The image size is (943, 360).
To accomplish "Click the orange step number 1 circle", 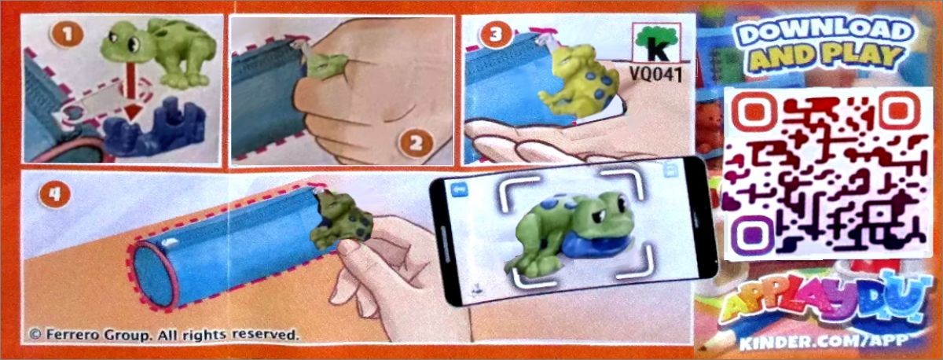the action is (67, 34).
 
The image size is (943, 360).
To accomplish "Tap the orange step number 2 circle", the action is (416, 143).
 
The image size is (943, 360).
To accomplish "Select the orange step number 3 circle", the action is (496, 34).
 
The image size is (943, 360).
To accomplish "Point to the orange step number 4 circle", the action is (54, 194).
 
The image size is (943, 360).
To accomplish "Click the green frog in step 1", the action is (158, 52).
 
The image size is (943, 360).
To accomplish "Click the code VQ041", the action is (656, 74).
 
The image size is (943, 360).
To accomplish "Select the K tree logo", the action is (657, 43).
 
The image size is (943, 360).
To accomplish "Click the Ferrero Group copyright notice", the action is (164, 335).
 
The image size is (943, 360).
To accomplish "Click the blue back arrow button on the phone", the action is (459, 190).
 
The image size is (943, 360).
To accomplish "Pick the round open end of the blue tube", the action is (155, 274).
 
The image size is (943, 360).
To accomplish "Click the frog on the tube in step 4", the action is (341, 220).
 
